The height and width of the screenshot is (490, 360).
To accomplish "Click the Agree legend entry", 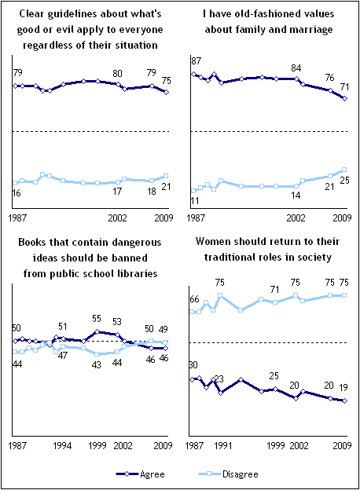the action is click(140, 474).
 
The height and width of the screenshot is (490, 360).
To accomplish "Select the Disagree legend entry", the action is click(228, 474).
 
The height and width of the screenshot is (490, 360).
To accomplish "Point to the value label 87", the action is click(196, 61).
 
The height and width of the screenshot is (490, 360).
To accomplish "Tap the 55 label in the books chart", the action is click(97, 319).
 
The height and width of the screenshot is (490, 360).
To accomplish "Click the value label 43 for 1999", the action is click(97, 364).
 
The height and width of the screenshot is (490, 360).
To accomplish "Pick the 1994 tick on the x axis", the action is click(62, 445).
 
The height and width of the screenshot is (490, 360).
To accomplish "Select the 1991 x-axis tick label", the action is click(223, 445).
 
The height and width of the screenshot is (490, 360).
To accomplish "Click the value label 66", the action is click(194, 299).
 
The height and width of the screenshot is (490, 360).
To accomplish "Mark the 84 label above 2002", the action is click(296, 68).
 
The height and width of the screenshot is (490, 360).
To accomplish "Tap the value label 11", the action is click(195, 200).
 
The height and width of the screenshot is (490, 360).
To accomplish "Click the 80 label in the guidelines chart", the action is click(117, 74).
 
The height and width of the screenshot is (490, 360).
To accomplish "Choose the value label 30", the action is click(193, 365).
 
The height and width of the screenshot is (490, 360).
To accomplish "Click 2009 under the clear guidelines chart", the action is click(163, 218).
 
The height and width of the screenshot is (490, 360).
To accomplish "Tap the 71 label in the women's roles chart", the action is click(274, 290).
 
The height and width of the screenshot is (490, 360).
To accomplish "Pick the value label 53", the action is click(117, 322).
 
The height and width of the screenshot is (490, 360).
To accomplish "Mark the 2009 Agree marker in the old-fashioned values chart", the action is click(345, 98).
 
